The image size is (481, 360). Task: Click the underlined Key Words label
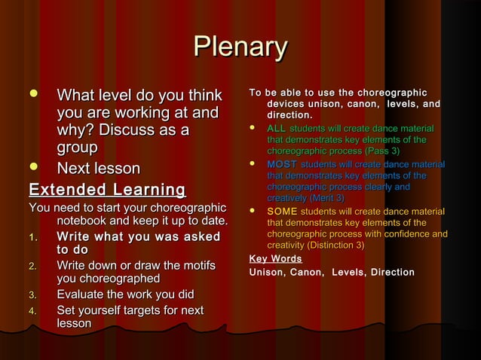[275, 259]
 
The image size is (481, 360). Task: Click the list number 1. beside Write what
[33, 238]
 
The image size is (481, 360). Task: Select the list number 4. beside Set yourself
[33, 310]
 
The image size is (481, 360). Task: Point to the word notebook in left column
[84, 221]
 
